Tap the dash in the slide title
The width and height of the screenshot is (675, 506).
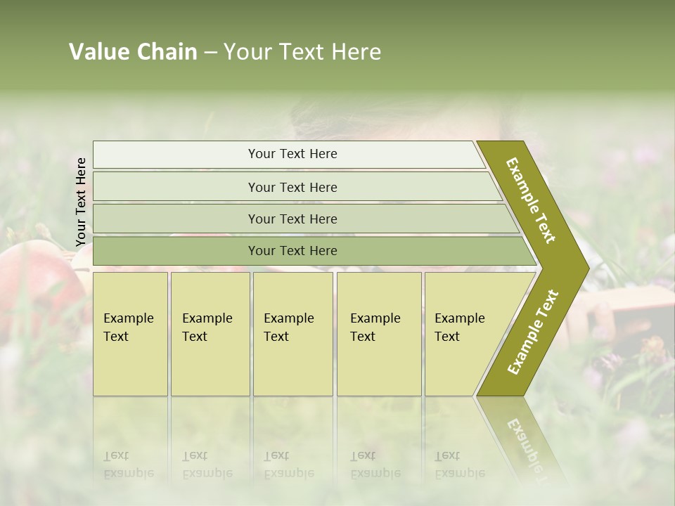210,53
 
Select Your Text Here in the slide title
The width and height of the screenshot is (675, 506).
302,52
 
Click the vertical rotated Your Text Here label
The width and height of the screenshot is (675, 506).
81,202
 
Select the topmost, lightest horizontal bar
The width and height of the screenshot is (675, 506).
292,154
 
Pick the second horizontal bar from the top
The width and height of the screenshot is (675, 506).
292,187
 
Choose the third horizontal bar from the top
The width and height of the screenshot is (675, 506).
292,219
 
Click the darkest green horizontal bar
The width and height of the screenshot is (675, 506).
292,250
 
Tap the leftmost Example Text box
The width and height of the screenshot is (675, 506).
130,333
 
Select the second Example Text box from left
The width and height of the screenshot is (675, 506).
210,333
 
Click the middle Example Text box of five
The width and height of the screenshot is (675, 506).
292,333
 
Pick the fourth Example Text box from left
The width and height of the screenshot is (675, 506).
378,333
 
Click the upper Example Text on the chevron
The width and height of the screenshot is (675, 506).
531,200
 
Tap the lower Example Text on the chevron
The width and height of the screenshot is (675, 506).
532,332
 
